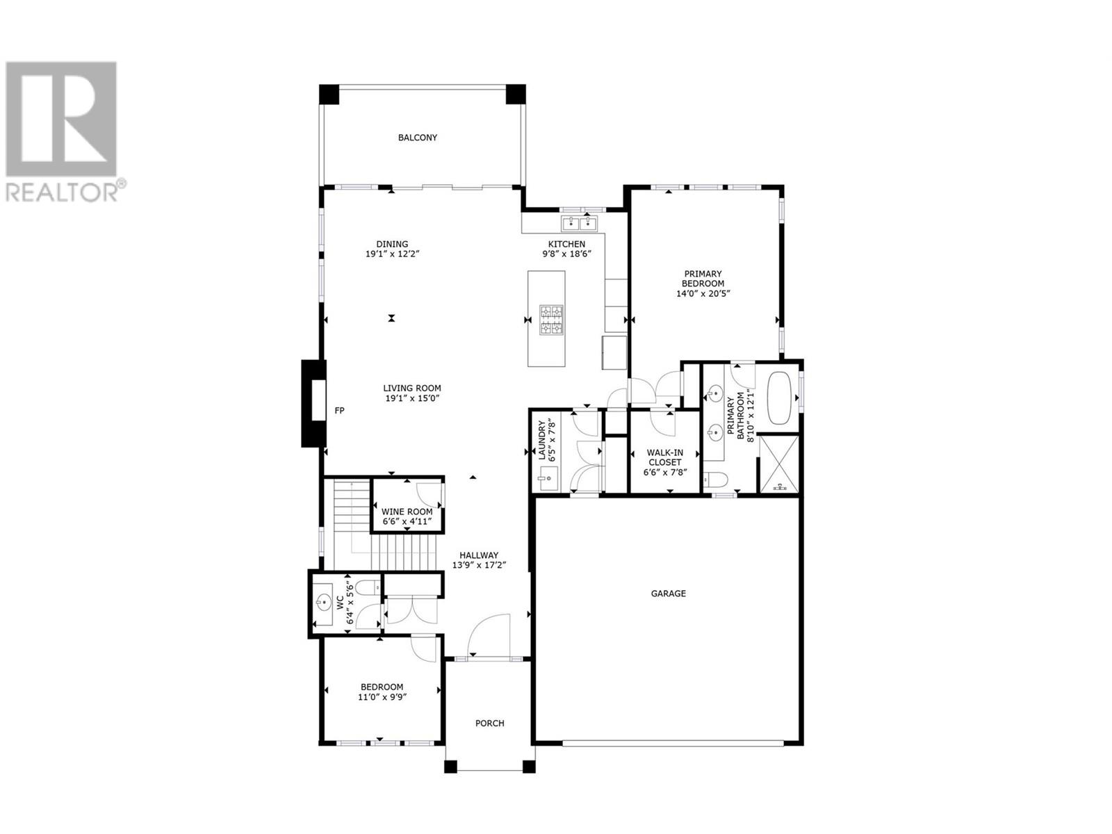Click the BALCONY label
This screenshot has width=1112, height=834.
417,137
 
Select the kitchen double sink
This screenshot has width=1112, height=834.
579,222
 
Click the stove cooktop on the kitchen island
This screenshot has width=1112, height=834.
551,320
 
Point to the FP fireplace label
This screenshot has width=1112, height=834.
339,411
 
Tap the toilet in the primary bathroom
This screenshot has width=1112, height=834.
715,479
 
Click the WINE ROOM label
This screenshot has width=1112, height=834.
407,512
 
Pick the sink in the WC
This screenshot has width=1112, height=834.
322,603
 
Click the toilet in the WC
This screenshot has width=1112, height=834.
368,588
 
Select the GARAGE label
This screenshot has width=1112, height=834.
668,594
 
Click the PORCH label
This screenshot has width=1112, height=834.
489,723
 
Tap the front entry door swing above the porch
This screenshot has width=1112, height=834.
489,635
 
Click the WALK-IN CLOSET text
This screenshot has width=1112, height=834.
664,457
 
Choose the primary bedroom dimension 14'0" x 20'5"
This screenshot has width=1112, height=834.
703,293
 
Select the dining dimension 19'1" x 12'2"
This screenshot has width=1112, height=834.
392,254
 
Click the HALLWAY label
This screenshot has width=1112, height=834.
479,555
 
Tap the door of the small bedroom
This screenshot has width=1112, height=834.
422,648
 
